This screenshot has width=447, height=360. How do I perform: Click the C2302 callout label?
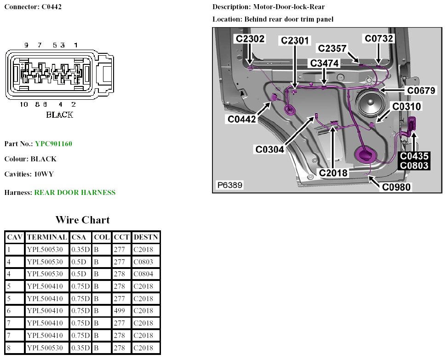[250, 39]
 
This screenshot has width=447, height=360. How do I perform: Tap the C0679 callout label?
[421, 91]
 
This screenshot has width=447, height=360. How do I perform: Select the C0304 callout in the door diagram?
[270, 149]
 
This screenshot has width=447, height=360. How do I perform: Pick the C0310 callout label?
[407, 106]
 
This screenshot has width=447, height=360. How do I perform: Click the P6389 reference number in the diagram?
[230, 185]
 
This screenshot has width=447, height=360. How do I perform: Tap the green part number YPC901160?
[53, 144]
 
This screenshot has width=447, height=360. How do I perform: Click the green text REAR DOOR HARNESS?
[75, 193]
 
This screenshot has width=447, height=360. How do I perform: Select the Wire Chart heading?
[83, 220]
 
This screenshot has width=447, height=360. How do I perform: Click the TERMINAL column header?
[47, 237]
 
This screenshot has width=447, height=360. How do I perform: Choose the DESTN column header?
[146, 237]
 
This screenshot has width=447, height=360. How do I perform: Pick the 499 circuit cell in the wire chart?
[121, 311]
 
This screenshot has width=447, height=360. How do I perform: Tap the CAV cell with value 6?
[15, 311]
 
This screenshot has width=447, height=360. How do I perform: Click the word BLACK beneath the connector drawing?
[59, 114]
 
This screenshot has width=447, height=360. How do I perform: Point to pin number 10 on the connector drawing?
[24, 104]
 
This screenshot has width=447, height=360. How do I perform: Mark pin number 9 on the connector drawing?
[26, 45]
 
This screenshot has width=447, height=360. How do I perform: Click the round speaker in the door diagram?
[370, 104]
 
